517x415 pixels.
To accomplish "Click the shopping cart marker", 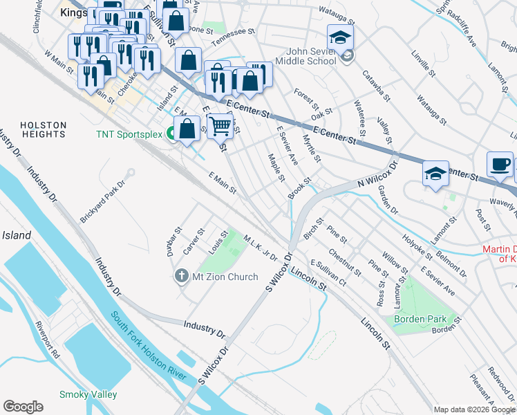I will (x=220, y=126).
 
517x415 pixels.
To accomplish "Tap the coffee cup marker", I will (x=500, y=165).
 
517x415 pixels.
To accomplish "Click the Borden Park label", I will (x=421, y=319).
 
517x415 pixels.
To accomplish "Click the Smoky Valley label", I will (x=88, y=394).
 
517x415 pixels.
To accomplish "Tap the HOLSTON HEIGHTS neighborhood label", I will (x=43, y=130).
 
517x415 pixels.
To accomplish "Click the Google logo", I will (x=23, y=407).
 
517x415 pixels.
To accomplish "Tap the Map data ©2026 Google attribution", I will (x=474, y=409).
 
